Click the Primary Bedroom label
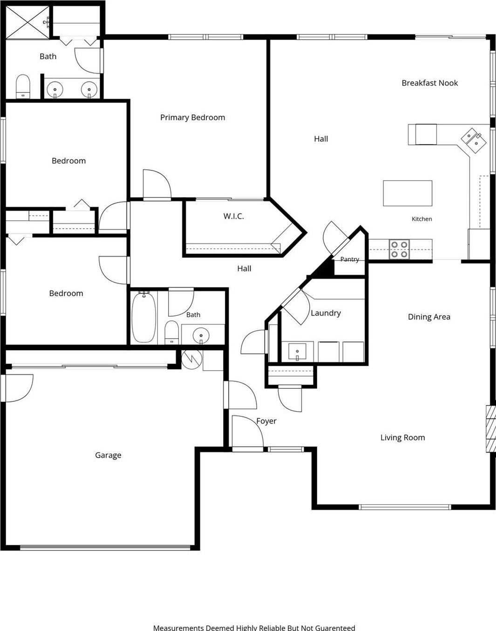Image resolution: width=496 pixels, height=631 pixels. pyautogui.click(x=192, y=118)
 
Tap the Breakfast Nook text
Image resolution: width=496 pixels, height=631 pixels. pyautogui.click(x=429, y=83)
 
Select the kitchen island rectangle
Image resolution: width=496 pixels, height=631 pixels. pyautogui.click(x=408, y=193)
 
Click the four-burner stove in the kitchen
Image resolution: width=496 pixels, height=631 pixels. pyautogui.click(x=399, y=249)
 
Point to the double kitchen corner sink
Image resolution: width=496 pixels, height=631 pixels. pyautogui.click(x=474, y=140)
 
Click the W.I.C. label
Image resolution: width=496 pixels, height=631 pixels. pyautogui.click(x=233, y=216)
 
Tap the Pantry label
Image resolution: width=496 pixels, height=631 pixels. pyautogui.click(x=350, y=259)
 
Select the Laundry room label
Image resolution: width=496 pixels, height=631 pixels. pyautogui.click(x=326, y=313)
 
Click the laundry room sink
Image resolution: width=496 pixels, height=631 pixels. pyautogui.click(x=297, y=352)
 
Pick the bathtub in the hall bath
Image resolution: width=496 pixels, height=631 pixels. pyautogui.click(x=144, y=318)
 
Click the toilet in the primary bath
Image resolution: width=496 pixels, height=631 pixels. pyautogui.click(x=23, y=87)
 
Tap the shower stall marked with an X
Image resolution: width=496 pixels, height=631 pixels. pyautogui.click(x=27, y=22)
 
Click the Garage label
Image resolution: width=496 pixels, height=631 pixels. pyautogui.click(x=108, y=455)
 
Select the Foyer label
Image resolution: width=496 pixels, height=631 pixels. pyautogui.click(x=266, y=421)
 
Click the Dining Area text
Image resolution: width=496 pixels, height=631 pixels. pyautogui.click(x=429, y=317)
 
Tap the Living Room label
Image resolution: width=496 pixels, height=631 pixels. pyautogui.click(x=402, y=438)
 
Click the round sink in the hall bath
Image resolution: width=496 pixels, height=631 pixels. pyautogui.click(x=201, y=335)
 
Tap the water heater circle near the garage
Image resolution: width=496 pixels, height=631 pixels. pyautogui.click(x=192, y=359)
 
